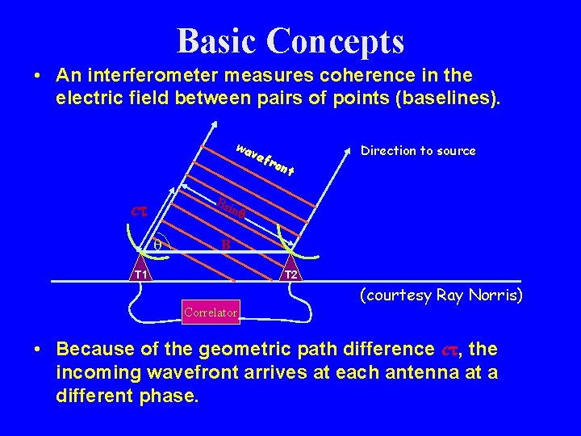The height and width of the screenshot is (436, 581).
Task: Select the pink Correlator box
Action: tap(211, 312)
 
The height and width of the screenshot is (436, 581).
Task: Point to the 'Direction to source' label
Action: tap(418, 151)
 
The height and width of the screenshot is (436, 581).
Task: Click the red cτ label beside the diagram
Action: tap(141, 212)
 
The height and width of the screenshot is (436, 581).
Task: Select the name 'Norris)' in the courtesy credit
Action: tap(496, 296)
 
